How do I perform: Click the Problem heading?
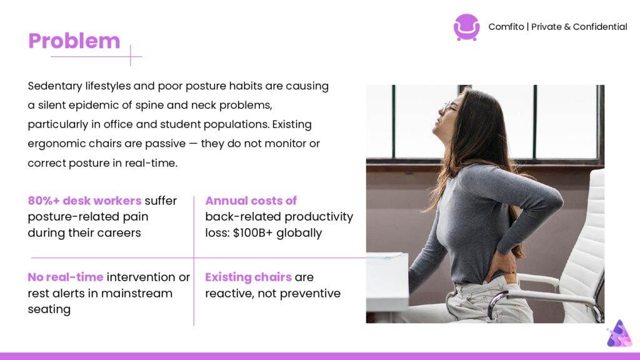pyautogui.click(x=74, y=41)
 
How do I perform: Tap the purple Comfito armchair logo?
pyautogui.click(x=466, y=27)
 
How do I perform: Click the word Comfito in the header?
pyautogui.click(x=506, y=27)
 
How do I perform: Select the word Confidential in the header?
pyautogui.click(x=600, y=27)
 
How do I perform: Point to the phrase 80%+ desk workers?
pyautogui.click(x=84, y=201)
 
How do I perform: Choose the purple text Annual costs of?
pyautogui.click(x=251, y=201)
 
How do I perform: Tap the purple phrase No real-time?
pyautogui.click(x=65, y=277)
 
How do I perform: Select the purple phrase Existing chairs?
pyautogui.click(x=248, y=277)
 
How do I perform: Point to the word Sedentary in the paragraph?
pyautogui.click(x=55, y=86)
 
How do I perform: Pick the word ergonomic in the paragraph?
pyautogui.click(x=57, y=144)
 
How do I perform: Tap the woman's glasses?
pyautogui.click(x=449, y=107)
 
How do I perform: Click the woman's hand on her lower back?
pyautogui.click(x=500, y=264)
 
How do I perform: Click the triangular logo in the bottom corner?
pyautogui.click(x=619, y=334)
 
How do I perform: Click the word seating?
pyautogui.click(x=49, y=309)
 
